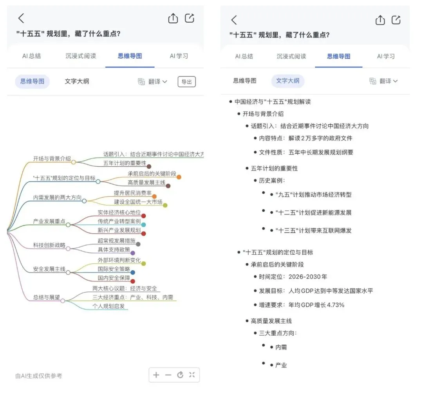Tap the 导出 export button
point(187,82)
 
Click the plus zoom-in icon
point(156,375)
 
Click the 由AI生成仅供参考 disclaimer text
point(38,376)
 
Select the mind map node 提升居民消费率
point(133,193)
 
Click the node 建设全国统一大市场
point(138,202)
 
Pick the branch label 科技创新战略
point(49,245)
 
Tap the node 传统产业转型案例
point(119,221)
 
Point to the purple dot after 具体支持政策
point(133,253)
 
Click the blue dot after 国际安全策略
point(133,272)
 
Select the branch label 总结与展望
point(46,298)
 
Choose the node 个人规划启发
point(108,306)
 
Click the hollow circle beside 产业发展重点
point(68,225)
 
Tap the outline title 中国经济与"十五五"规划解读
point(273,102)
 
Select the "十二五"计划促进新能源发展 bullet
point(313,212)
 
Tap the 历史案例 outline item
point(272,180)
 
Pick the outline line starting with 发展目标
point(316,291)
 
